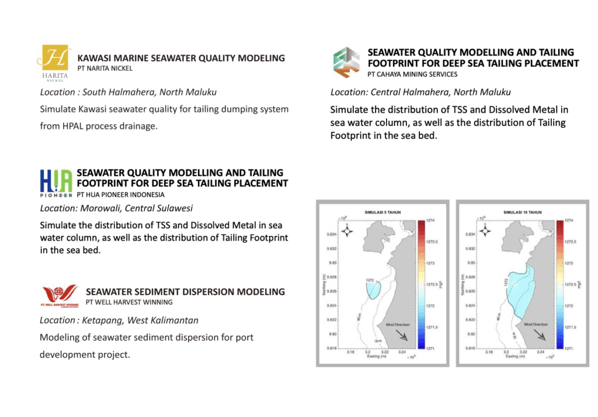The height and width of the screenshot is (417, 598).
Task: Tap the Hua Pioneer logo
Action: (56, 181)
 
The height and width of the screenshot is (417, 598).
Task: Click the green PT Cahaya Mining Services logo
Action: (346, 62)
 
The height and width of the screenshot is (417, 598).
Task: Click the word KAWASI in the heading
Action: (96, 58)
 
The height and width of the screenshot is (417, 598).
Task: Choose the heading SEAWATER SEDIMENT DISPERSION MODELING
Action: (185, 292)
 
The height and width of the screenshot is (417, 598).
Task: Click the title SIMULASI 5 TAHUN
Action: (382, 213)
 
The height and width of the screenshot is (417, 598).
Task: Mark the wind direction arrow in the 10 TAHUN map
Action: (543, 335)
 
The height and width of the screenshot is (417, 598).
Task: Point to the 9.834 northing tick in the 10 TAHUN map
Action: (470, 235)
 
